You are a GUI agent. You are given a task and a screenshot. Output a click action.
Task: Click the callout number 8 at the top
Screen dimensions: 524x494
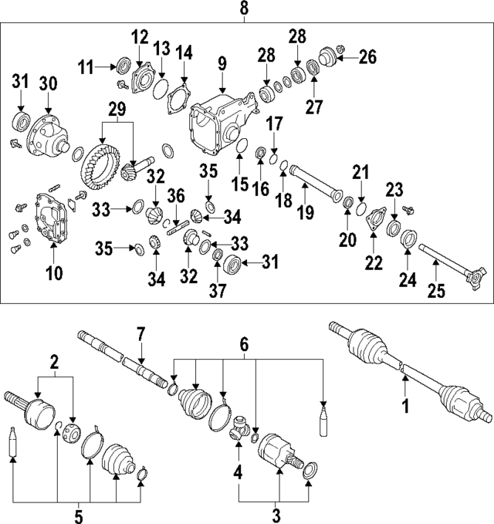(x=245, y=9)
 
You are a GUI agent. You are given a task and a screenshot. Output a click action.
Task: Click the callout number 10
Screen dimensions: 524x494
(x=53, y=272)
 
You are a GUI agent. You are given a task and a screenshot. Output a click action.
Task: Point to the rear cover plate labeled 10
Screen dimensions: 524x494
(x=52, y=221)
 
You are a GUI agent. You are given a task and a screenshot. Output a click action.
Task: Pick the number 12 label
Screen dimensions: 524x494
(x=139, y=37)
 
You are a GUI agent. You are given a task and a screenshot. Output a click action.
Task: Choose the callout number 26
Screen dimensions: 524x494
(x=367, y=56)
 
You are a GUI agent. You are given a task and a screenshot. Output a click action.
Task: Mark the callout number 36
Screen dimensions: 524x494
(x=176, y=196)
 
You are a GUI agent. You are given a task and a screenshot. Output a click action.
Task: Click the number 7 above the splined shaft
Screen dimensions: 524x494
(x=140, y=336)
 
